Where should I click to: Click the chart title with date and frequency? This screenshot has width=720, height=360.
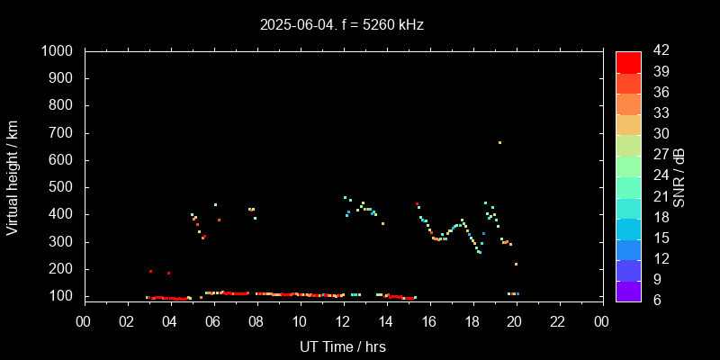pyautogui.click(x=342, y=25)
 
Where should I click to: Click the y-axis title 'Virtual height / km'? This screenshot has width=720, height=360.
pyautogui.click(x=13, y=177)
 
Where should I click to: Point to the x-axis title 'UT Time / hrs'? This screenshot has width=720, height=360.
pyautogui.click(x=342, y=346)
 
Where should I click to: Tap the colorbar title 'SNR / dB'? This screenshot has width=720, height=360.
pyautogui.click(x=679, y=177)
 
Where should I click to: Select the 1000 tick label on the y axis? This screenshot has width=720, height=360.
pyautogui.click(x=58, y=51)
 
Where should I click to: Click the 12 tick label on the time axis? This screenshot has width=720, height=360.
pyautogui.click(x=342, y=322)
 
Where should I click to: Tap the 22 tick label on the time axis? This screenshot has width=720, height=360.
pyautogui.click(x=558, y=322)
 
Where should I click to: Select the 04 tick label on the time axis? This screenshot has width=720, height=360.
pyautogui.click(x=170, y=322)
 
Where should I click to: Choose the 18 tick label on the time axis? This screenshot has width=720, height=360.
pyautogui.click(x=472, y=322)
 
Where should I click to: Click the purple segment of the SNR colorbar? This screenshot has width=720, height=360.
pyautogui.click(x=628, y=291)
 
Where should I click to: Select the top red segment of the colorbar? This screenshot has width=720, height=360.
pyautogui.click(x=628, y=61)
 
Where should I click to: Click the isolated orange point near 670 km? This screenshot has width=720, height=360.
pyautogui.click(x=499, y=142)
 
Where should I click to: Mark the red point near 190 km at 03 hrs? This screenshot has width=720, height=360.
pyautogui.click(x=150, y=271)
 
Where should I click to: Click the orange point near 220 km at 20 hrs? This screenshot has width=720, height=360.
pyautogui.click(x=516, y=264)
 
